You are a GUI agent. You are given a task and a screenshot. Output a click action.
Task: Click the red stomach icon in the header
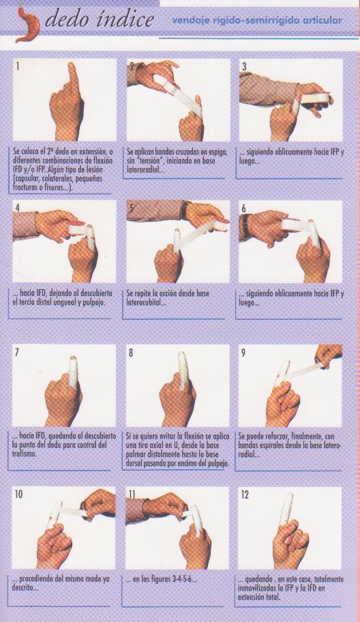[x=28, y=24]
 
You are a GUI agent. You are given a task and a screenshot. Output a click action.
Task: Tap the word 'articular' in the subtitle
[x=322, y=20]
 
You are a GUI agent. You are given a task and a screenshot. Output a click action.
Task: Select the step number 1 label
[x=18, y=66]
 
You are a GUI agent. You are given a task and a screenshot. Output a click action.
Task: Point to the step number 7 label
[x=17, y=352]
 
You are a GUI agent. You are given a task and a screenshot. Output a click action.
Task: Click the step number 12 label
[x=245, y=494]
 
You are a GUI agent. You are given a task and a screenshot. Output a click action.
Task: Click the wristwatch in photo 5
[x=185, y=210]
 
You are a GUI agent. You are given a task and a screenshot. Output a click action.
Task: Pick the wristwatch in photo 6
[x=246, y=226]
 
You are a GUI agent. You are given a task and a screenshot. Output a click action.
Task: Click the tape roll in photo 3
[x=316, y=98]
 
